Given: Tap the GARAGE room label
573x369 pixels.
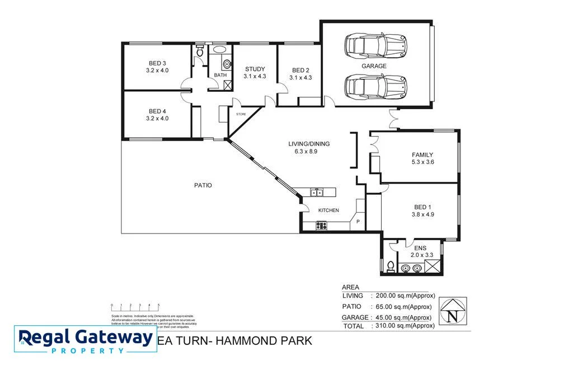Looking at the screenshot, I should [374, 66].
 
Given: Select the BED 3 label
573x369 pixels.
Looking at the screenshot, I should [157, 63].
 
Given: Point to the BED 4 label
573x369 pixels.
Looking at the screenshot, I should [157, 111].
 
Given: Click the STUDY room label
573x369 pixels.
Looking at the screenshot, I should [255, 69].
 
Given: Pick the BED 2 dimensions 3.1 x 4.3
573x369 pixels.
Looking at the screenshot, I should [300, 78].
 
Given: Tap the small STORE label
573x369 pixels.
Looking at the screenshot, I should [241, 114].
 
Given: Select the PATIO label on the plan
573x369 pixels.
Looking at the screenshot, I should [203, 185].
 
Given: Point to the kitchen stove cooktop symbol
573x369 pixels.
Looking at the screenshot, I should [322, 226].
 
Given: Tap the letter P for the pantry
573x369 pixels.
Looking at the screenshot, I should [358, 222].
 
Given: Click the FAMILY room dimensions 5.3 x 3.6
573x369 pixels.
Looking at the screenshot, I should [422, 162].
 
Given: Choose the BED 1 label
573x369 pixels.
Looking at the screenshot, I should [422, 206].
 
